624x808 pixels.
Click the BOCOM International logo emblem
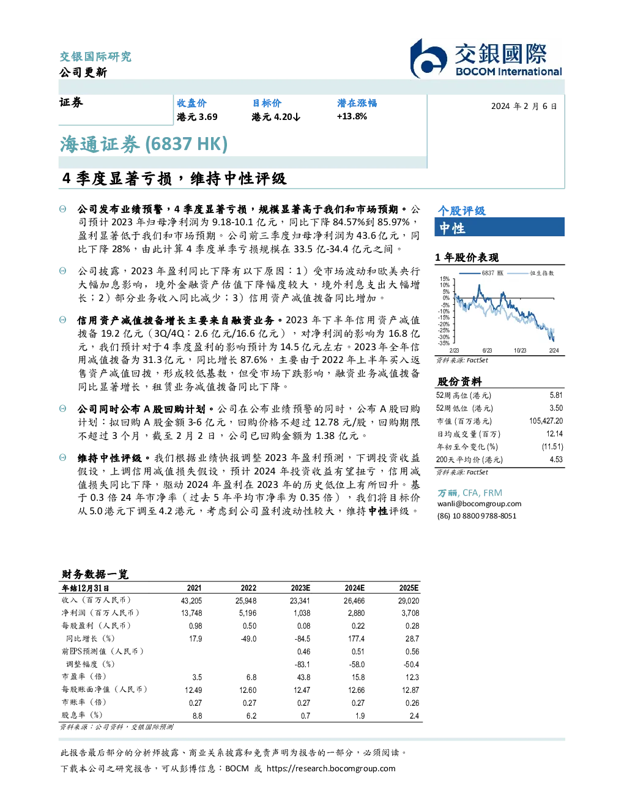(x=428, y=59)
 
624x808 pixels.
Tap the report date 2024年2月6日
(x=524, y=107)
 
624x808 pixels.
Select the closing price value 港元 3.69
(x=197, y=117)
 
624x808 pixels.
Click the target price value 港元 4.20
(x=275, y=117)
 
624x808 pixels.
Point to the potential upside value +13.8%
(x=352, y=116)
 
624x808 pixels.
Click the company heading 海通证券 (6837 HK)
(x=144, y=144)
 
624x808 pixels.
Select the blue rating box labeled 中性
(x=499, y=227)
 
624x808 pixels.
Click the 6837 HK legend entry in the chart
(x=481, y=273)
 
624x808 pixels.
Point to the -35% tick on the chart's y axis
(x=444, y=343)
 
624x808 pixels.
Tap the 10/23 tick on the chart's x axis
(x=520, y=350)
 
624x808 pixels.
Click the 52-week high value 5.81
(x=556, y=395)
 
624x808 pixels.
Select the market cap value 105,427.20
(x=546, y=421)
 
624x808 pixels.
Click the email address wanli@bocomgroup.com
(x=479, y=503)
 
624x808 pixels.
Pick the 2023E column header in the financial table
(x=300, y=588)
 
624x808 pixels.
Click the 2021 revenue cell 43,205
(x=191, y=600)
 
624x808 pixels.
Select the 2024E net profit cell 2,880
(x=356, y=613)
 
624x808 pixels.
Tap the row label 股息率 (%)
(x=82, y=715)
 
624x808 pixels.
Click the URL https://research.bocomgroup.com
(x=331, y=768)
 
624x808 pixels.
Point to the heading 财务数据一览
(x=95, y=574)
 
